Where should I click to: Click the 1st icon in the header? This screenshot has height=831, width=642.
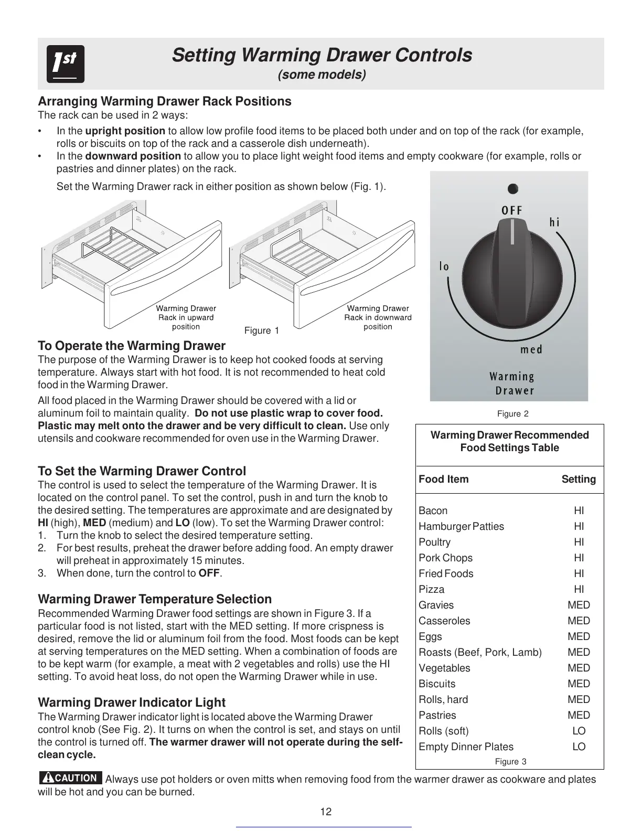(x=65, y=64)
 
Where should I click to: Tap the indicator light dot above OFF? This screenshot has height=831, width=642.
(x=513, y=188)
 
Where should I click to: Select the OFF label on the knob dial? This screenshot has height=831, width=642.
(x=511, y=210)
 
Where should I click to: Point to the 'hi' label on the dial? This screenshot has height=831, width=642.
(x=554, y=222)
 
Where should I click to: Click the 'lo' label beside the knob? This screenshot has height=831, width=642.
(x=444, y=267)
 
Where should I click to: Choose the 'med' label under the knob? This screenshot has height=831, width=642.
(x=531, y=349)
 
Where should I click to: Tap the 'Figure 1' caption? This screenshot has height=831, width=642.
(x=262, y=331)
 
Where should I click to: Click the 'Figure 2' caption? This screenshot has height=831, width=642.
(x=512, y=414)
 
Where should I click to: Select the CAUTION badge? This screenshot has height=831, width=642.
(x=71, y=778)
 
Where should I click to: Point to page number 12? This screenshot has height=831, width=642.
(x=326, y=812)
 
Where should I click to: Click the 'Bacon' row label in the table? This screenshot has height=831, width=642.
(x=433, y=510)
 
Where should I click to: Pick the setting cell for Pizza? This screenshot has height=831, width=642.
(x=579, y=589)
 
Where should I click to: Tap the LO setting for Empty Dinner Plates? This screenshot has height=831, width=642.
(x=579, y=747)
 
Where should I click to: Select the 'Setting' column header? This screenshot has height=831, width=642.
(x=579, y=479)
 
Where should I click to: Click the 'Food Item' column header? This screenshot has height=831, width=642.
(x=444, y=479)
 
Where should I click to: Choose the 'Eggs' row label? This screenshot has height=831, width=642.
(x=430, y=636)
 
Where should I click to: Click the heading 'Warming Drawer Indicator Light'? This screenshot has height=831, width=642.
(x=132, y=702)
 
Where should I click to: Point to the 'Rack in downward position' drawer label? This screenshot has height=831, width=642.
(x=378, y=317)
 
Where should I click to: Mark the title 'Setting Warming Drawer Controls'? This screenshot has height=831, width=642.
(x=322, y=55)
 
